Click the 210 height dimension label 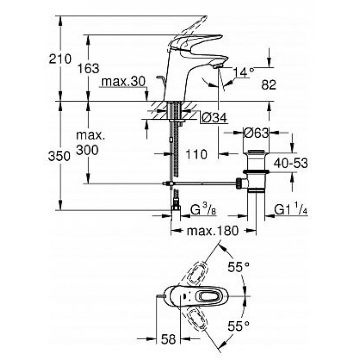click(60, 59)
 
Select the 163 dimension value click(88, 68)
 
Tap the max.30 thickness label click(123, 81)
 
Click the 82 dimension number click(269, 85)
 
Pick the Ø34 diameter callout click(214, 118)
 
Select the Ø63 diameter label click(256, 133)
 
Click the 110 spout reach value click(196, 154)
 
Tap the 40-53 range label click(291, 163)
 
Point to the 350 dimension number click(59, 156)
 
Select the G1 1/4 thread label click(291, 210)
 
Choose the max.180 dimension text click(213, 230)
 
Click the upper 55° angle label click(238, 267)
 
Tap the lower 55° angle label click(238, 325)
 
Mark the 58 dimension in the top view click(168, 339)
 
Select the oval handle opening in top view click(210, 296)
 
